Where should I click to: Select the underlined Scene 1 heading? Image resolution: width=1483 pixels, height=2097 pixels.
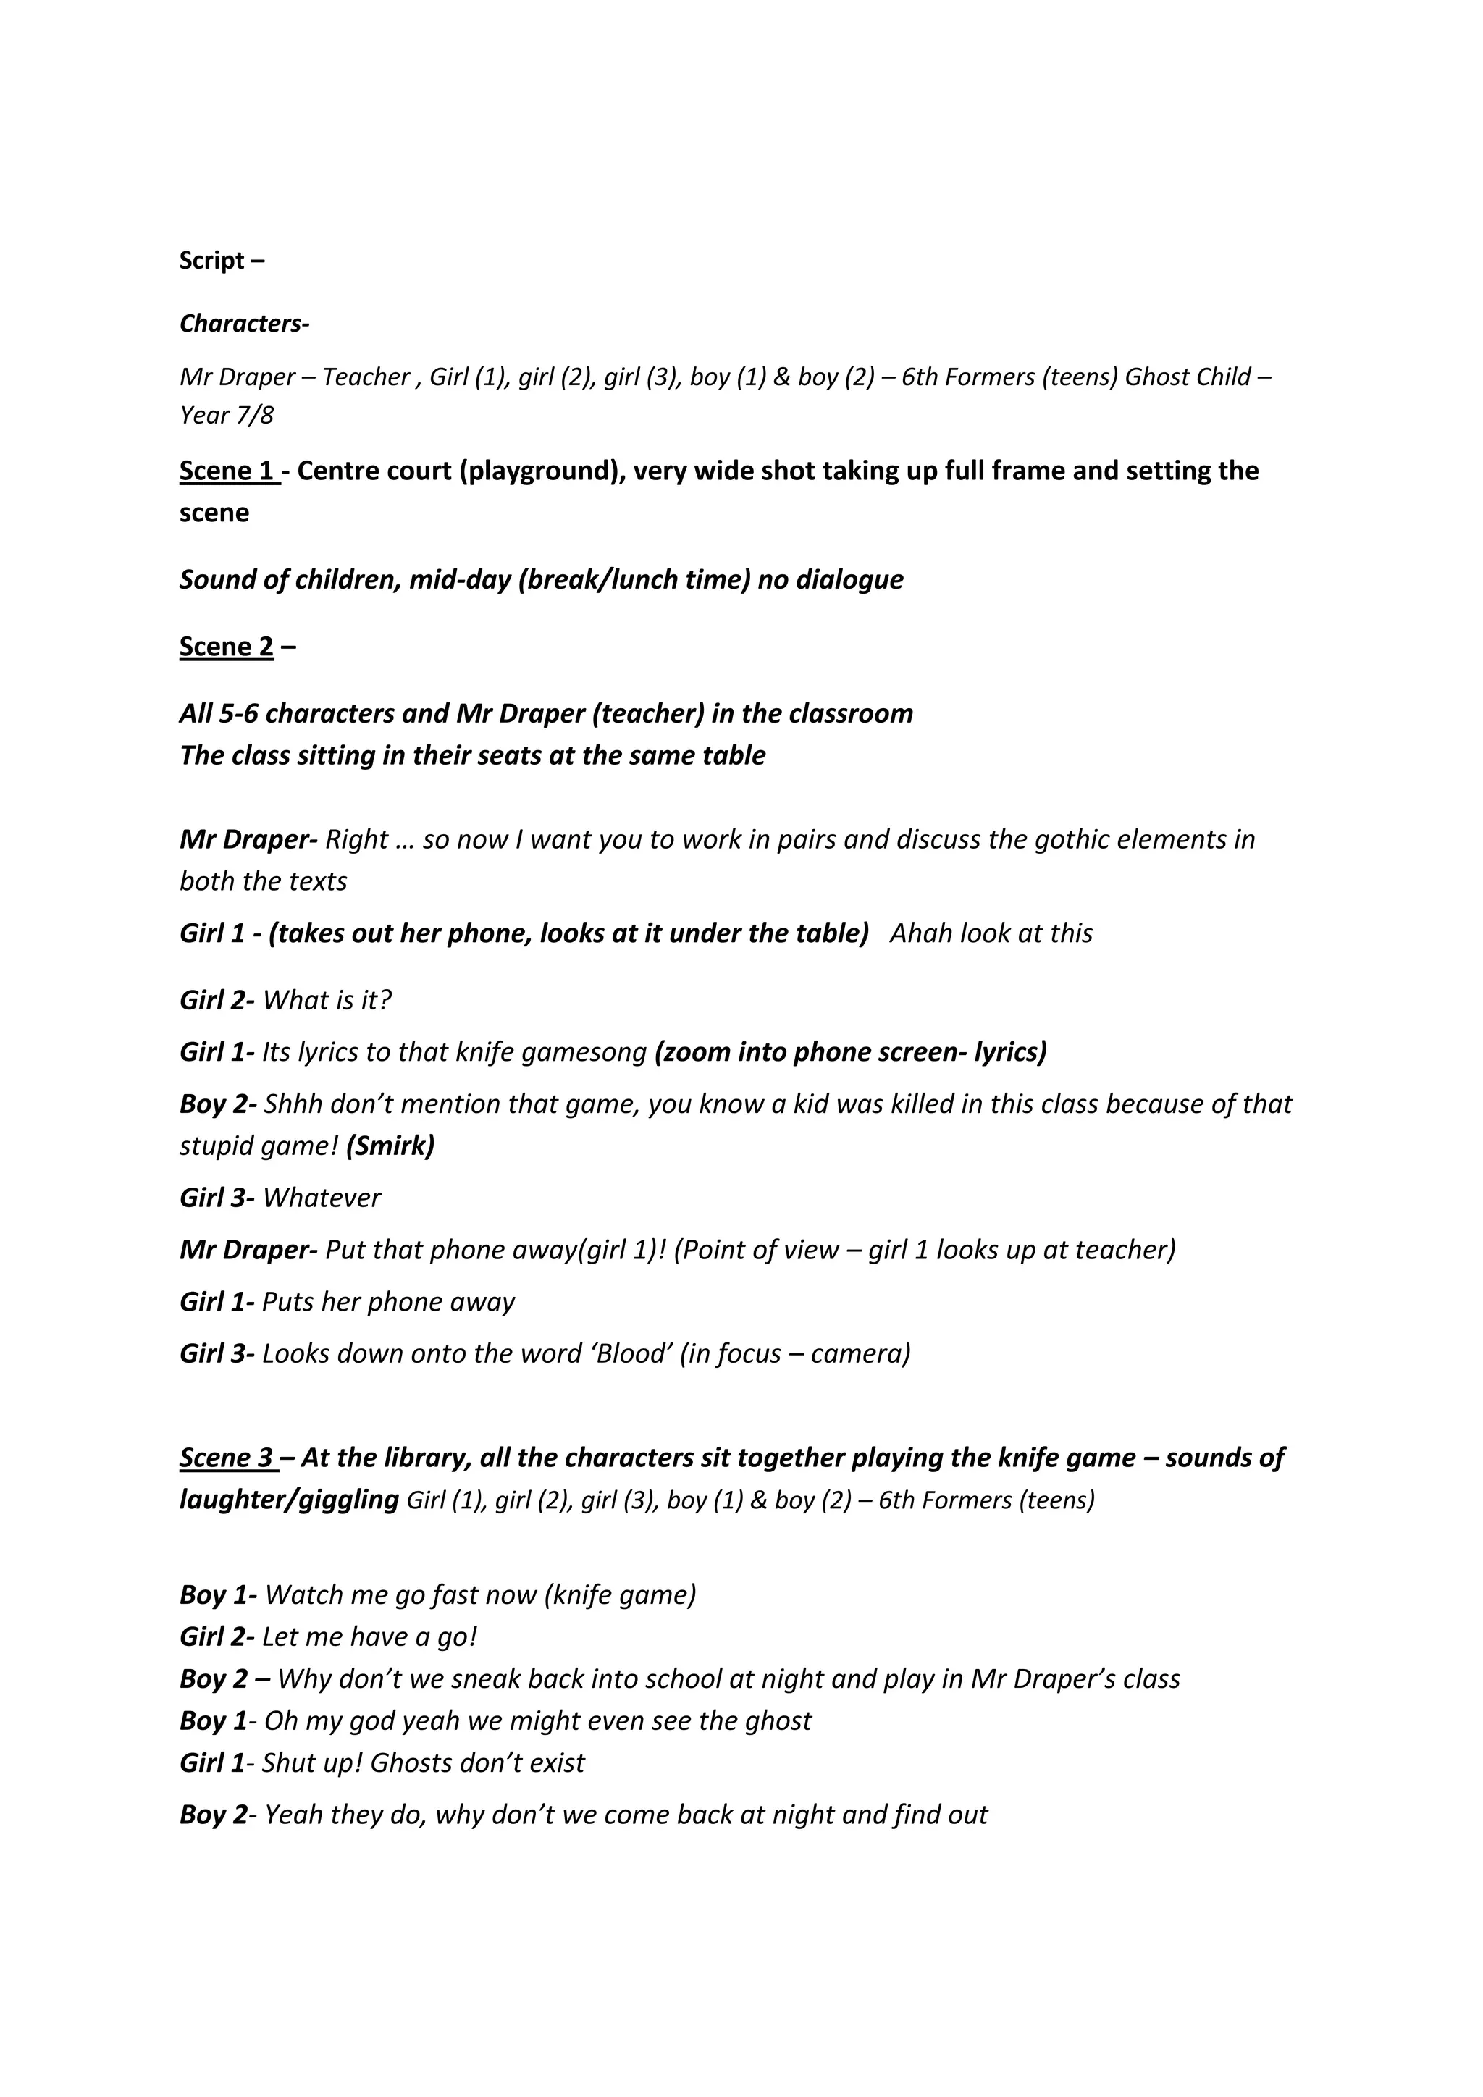(228, 471)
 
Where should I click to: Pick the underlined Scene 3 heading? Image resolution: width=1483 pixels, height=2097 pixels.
(228, 1458)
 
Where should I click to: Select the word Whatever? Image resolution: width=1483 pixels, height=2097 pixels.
(322, 1198)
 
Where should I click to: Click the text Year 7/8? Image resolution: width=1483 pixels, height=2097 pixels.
(227, 416)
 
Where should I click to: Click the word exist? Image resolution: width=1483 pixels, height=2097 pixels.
(557, 1762)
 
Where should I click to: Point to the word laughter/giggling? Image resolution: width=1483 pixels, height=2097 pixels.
(289, 1500)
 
